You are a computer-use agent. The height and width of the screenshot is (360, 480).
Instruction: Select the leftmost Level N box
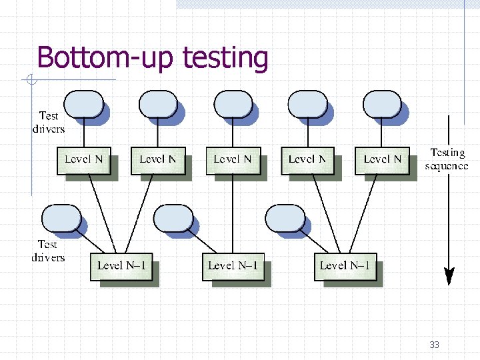tap(83, 160)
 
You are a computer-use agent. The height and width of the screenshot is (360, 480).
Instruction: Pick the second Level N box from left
tap(158, 160)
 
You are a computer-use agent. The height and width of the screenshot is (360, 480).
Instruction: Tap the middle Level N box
tap(233, 160)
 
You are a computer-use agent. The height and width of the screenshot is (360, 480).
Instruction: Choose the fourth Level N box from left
tap(307, 160)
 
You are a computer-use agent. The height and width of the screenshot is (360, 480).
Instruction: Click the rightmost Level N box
tap(382, 160)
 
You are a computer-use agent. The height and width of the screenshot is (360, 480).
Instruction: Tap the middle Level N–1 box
tap(233, 266)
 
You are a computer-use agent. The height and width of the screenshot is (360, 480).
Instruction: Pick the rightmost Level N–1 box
tap(345, 266)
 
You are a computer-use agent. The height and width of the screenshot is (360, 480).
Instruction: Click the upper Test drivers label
tap(48, 122)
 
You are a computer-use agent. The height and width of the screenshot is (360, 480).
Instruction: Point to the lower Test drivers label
tap(48, 251)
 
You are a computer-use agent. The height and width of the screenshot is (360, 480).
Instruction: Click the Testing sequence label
tap(447, 159)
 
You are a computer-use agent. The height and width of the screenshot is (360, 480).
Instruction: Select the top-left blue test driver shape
tap(83, 105)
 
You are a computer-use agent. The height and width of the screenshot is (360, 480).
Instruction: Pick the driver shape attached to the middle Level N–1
tap(173, 218)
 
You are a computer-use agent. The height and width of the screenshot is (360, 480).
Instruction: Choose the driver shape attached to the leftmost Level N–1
tap(61, 218)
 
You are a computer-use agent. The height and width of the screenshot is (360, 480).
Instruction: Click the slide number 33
tap(434, 345)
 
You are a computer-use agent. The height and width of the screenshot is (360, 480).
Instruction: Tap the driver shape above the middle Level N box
tap(233, 105)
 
